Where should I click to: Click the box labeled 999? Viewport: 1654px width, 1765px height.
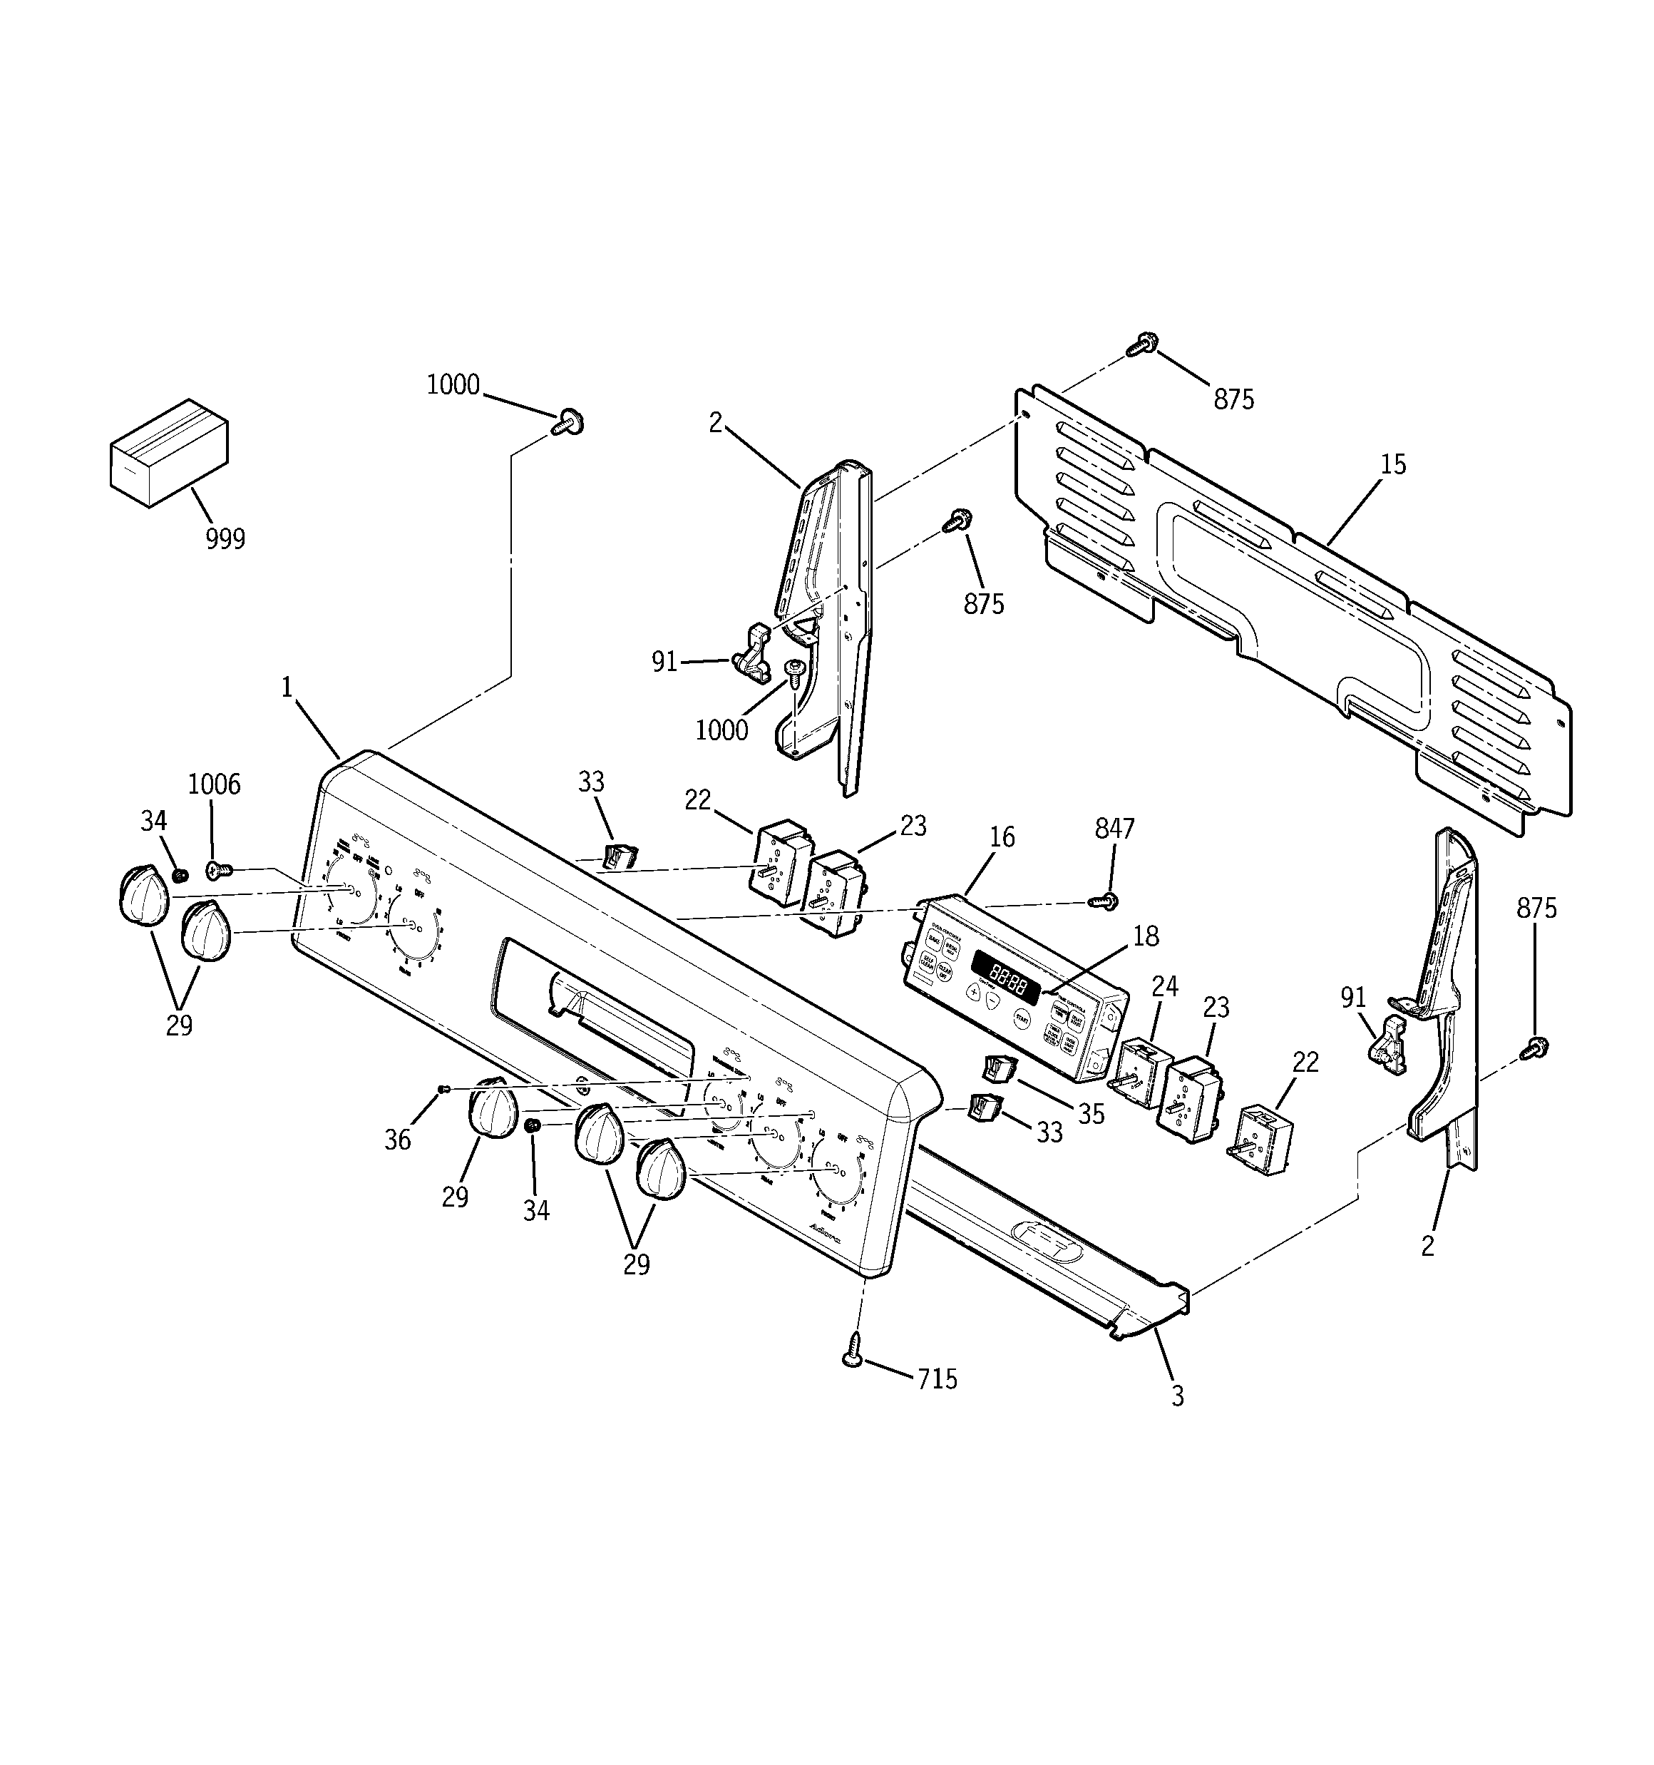click(169, 453)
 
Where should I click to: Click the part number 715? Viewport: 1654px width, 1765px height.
click(938, 1378)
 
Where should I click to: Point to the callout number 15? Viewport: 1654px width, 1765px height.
click(1393, 464)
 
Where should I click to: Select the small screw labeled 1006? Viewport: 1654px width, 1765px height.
click(217, 870)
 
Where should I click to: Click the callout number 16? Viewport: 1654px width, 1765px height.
click(1002, 837)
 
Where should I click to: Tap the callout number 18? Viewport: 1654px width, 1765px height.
click(1145, 936)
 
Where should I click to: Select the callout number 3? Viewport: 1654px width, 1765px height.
click(1177, 1396)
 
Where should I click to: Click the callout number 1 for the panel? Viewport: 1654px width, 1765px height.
click(287, 687)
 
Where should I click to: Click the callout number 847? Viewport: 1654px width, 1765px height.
click(1114, 829)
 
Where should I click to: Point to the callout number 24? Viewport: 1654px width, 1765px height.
click(1165, 986)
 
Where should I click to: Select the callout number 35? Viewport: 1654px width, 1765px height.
click(1091, 1114)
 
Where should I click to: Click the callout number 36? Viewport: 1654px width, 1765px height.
click(398, 1141)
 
